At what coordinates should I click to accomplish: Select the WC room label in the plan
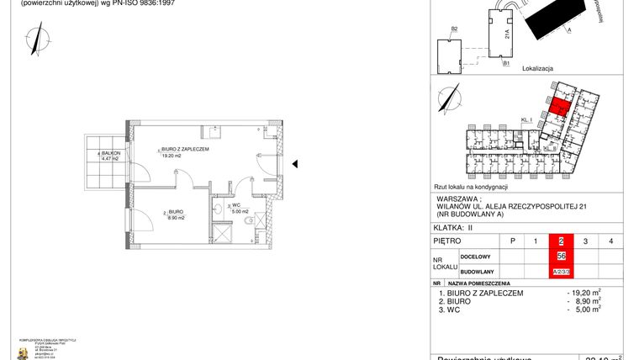click(x=239, y=205)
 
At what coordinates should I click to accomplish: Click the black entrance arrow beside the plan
click(x=294, y=165)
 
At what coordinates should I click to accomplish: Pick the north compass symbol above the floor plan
click(x=34, y=37)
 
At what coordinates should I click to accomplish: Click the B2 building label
click(x=454, y=30)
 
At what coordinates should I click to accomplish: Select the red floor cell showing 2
click(x=561, y=242)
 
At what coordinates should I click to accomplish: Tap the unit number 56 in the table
click(x=561, y=257)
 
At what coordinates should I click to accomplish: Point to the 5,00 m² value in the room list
click(x=587, y=310)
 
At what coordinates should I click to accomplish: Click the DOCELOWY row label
click(x=475, y=257)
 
